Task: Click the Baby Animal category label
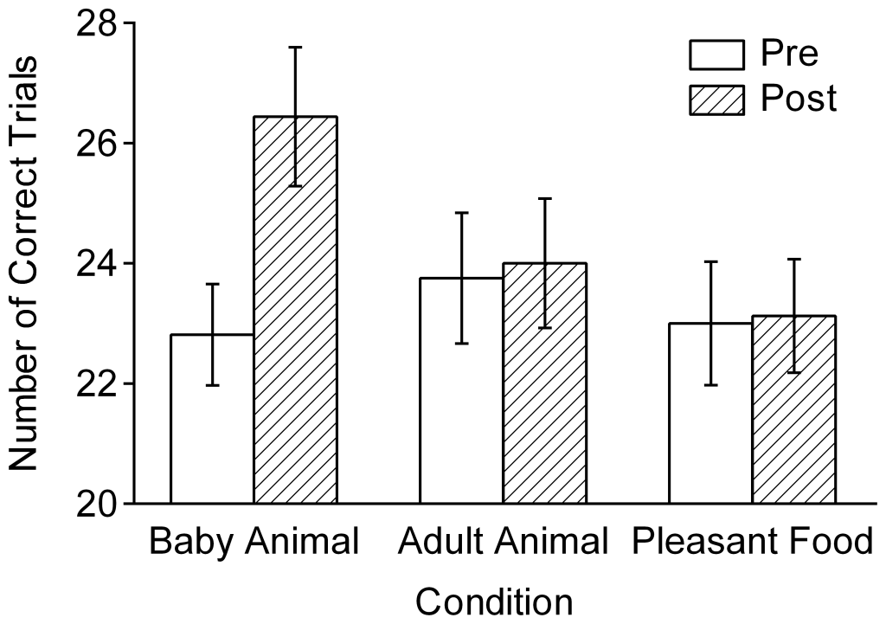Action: pyautogui.click(x=254, y=543)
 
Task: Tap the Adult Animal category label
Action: pyautogui.click(x=503, y=543)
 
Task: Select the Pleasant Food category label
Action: pyautogui.click(x=752, y=543)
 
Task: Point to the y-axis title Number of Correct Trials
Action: pyautogui.click(x=24, y=263)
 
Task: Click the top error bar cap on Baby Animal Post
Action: pyautogui.click(x=295, y=48)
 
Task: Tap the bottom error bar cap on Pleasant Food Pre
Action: pyautogui.click(x=709, y=384)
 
